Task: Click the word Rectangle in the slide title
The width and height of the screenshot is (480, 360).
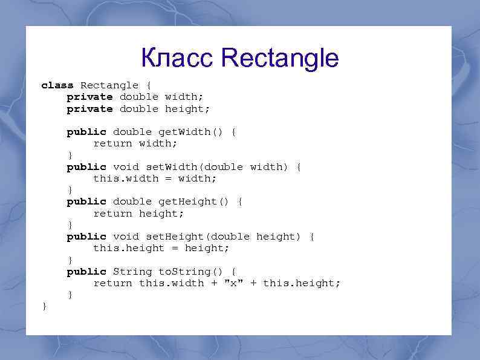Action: click(x=280, y=59)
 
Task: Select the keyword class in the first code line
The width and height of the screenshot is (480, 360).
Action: click(x=57, y=85)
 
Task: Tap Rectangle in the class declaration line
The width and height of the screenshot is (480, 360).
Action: click(x=109, y=85)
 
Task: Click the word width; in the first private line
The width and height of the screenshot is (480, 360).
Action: click(x=184, y=97)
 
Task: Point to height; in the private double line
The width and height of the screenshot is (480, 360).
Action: click(x=187, y=109)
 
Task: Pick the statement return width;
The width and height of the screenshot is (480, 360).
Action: click(x=135, y=143)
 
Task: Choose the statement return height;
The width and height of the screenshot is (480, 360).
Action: click(x=138, y=214)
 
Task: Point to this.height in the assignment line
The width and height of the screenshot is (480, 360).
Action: click(x=129, y=248)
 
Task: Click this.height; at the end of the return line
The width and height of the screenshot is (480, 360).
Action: click(x=302, y=283)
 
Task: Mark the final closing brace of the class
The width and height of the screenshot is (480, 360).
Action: click(x=44, y=307)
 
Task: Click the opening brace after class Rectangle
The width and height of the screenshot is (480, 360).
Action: click(x=149, y=85)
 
